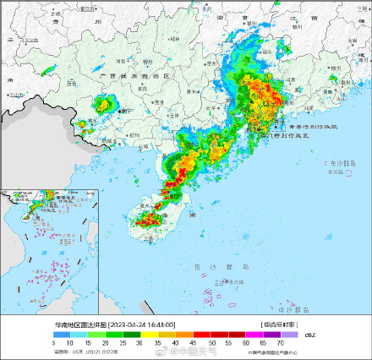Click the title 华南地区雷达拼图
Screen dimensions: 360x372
coord(80,324)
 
